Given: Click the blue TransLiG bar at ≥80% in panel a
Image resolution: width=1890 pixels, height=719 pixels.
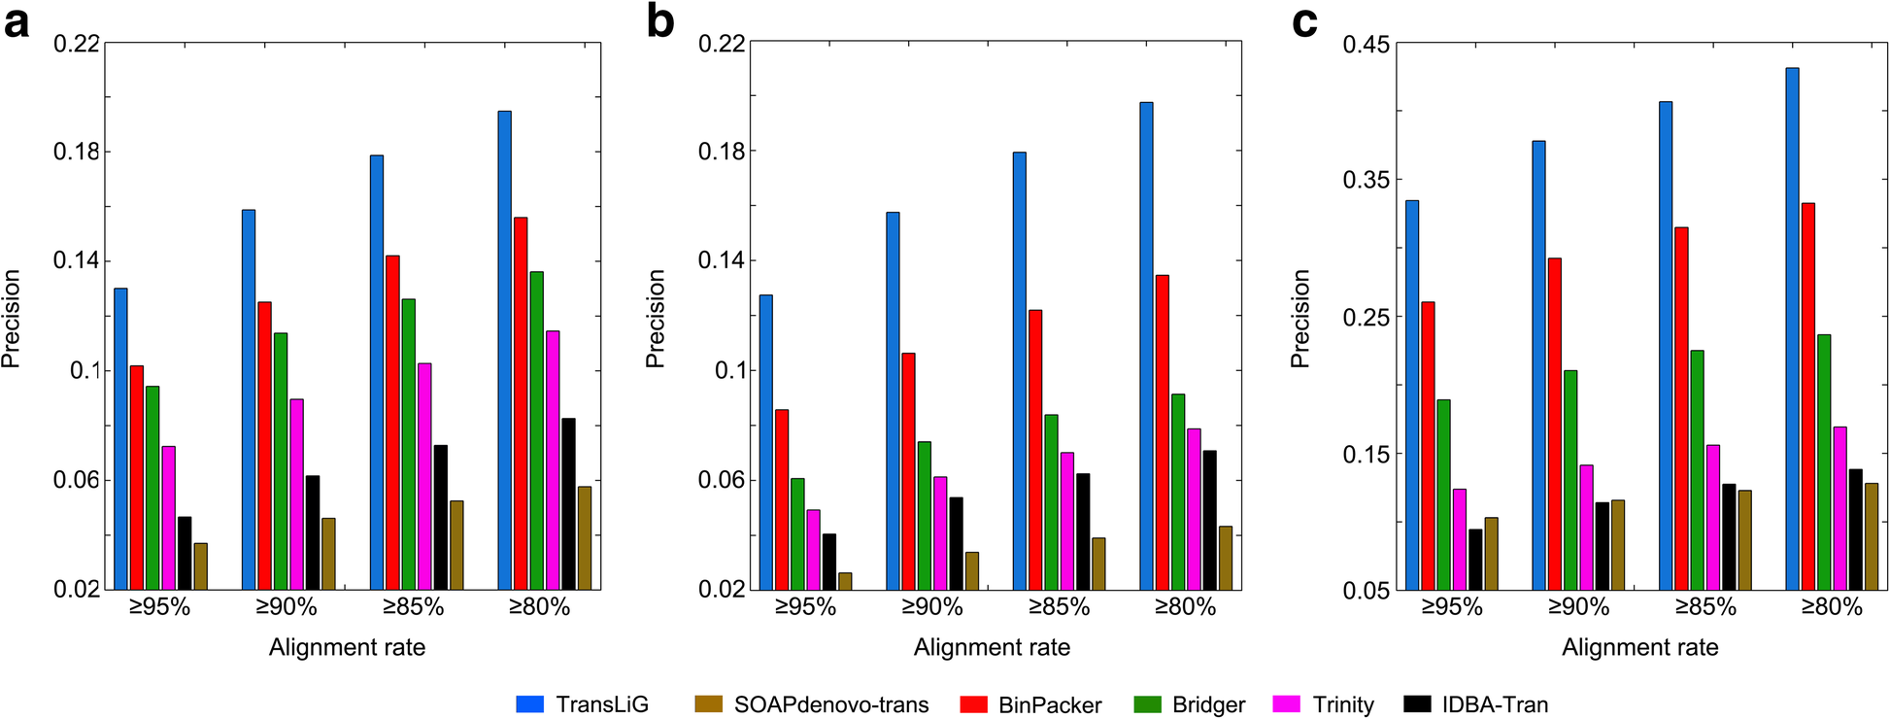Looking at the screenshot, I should [x=504, y=350].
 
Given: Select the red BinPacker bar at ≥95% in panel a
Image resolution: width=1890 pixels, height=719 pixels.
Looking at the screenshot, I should [x=137, y=477].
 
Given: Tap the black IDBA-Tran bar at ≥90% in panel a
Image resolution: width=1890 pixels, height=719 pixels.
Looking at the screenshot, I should [x=312, y=532].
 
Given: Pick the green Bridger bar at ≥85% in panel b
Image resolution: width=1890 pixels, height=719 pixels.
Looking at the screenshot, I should [x=1051, y=501].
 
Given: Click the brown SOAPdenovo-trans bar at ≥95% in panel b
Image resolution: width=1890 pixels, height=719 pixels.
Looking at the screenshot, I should [x=845, y=581].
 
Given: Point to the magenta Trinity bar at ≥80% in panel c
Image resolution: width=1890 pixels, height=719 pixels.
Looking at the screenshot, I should [x=1839, y=508].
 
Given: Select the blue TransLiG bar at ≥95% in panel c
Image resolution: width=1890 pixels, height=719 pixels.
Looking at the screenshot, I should [x=1412, y=394].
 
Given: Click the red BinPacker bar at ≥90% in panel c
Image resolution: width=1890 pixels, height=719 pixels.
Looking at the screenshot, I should [x=1555, y=424].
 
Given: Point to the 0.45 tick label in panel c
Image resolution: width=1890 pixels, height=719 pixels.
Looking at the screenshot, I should [x=1366, y=45].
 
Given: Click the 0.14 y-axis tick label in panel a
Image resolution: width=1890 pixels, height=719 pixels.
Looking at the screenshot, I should [x=77, y=260].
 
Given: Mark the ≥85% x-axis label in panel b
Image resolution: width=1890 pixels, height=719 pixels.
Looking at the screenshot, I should [x=1059, y=607].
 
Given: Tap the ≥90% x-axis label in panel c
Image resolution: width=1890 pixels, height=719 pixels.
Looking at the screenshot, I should [x=1578, y=607].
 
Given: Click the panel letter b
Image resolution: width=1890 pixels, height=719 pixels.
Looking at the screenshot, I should [x=660, y=21].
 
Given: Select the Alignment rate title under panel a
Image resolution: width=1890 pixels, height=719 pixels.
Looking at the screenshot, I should [x=347, y=648].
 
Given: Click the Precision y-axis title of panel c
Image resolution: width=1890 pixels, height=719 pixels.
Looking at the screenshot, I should [x=1299, y=318].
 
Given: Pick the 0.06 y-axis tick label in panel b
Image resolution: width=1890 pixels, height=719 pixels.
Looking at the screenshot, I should [x=722, y=480].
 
